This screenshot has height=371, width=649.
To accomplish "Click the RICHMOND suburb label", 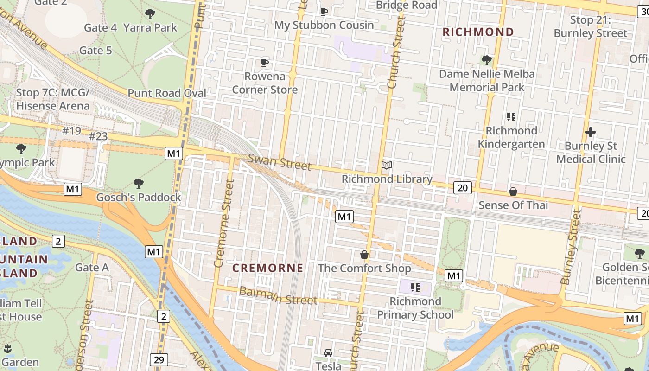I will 478,32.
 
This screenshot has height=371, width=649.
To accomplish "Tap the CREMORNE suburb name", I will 267,268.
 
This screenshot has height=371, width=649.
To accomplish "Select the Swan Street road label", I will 280,163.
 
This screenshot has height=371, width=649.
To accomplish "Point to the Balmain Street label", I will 278,295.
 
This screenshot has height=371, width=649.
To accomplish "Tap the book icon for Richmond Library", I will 387,165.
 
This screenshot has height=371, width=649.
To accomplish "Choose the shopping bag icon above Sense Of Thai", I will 513,192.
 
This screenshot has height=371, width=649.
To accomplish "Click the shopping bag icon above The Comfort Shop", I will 364,255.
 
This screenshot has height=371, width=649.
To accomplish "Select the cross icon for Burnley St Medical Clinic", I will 591,133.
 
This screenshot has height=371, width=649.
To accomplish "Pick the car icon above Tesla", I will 328,353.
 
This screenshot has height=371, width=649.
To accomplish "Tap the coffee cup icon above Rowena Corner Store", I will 265,63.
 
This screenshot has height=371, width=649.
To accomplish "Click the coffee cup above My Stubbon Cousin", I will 324,12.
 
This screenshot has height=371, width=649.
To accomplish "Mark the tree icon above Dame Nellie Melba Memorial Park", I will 486,60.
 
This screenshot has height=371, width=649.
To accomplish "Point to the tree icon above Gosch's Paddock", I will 138,183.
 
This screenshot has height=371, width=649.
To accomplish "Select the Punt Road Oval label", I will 167,93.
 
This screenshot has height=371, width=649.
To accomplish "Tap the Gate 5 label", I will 95,50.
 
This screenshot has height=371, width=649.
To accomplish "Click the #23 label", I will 98,136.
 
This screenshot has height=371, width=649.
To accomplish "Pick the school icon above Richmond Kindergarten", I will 511,116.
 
